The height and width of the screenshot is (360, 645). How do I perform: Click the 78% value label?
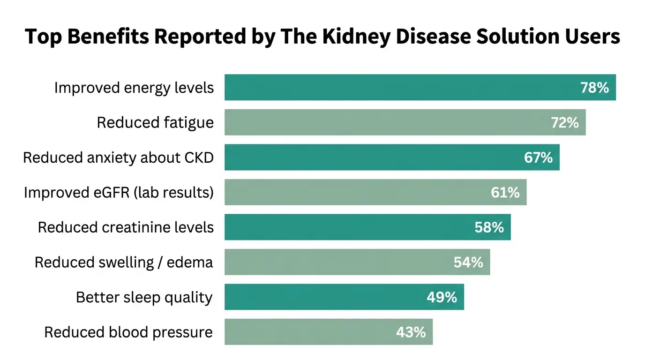594,88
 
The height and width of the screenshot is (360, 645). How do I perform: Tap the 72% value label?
564,123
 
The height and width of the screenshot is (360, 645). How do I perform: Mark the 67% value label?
538,157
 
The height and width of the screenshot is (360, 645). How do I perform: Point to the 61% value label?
505,193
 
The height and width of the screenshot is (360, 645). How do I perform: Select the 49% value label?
442,297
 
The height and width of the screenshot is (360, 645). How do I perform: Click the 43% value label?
411,332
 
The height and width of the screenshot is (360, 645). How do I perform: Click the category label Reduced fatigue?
155,123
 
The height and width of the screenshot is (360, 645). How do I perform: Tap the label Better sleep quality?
144,297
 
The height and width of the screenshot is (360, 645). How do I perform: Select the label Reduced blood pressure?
128,332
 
